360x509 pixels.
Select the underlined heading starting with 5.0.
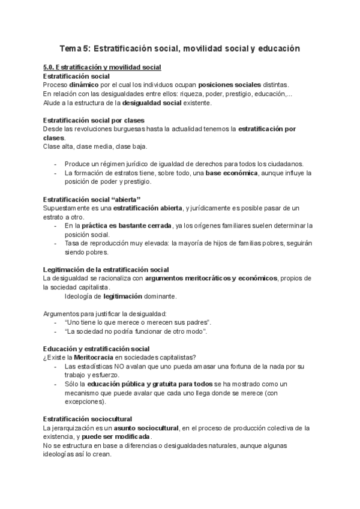click(103, 67)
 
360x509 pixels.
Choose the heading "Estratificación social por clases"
click(94, 120)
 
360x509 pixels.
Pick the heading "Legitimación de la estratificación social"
click(106, 270)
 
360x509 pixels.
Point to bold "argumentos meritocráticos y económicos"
click(211, 279)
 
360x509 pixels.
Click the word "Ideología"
click(82, 296)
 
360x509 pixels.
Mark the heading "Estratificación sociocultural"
click(88, 419)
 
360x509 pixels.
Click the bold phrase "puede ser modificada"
click(122, 437)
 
